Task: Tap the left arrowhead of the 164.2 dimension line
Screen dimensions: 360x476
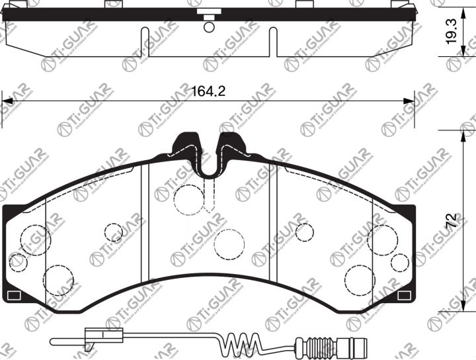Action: (x=7, y=101)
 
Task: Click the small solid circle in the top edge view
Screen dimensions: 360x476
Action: (x=209, y=27)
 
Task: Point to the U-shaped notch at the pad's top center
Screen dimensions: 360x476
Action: (x=210, y=165)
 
